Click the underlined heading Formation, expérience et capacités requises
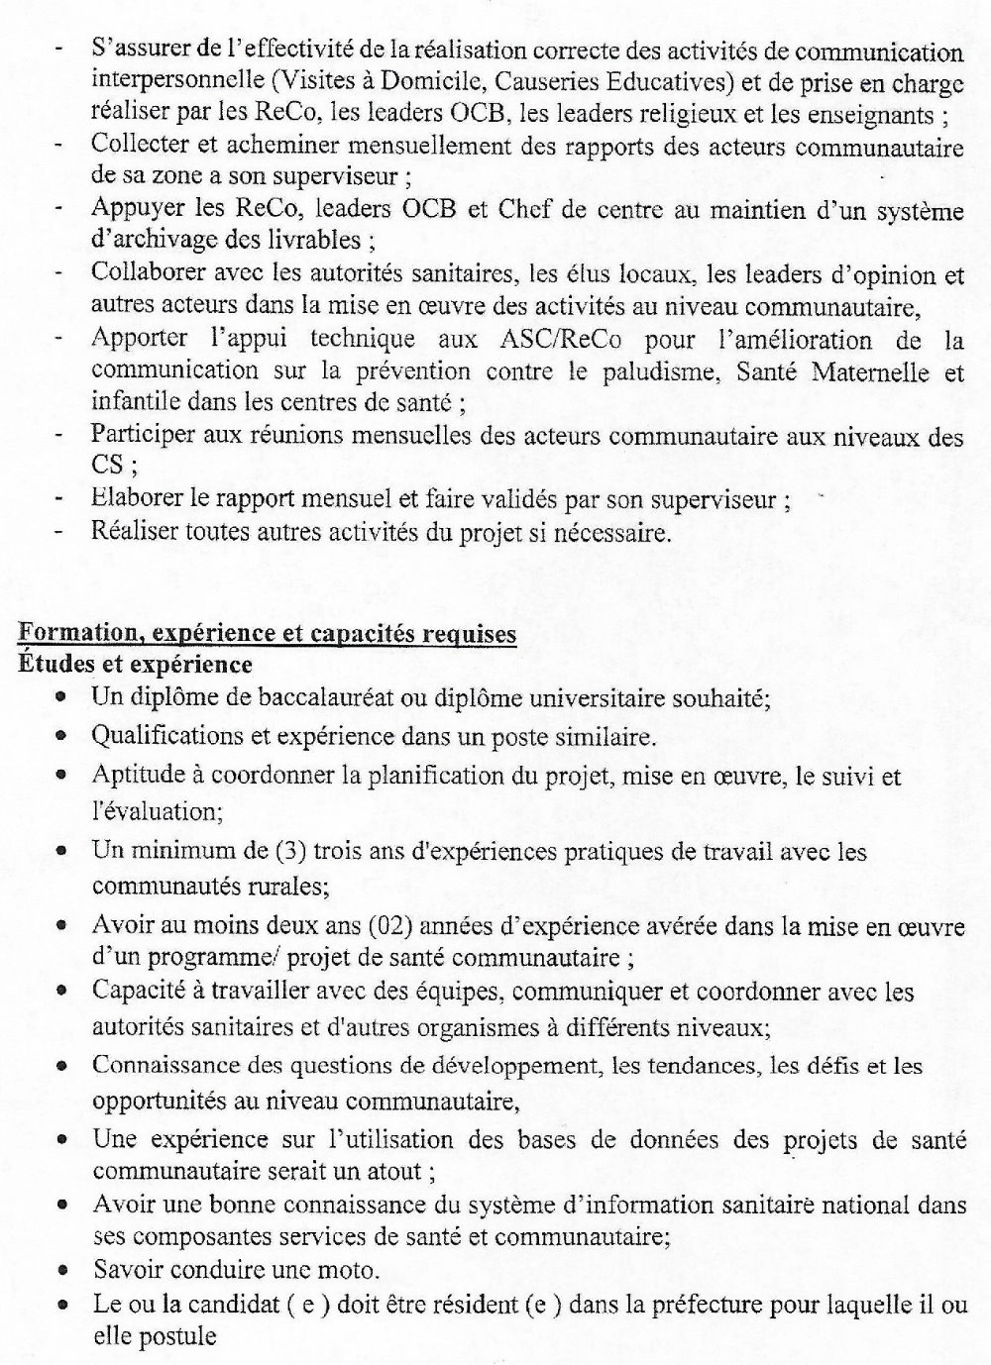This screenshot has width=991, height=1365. [268, 633]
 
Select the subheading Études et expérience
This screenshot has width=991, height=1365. [135, 663]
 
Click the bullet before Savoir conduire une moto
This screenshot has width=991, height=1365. [62, 1271]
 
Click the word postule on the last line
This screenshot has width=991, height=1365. [182, 1335]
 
